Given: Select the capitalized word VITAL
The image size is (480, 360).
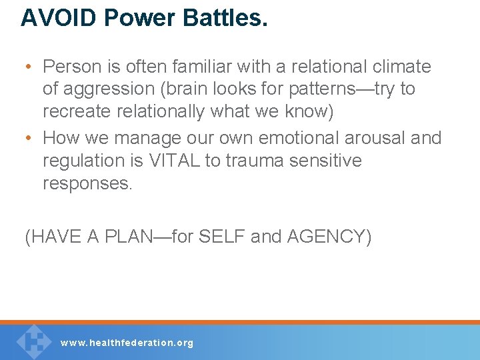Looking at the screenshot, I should [x=189, y=161].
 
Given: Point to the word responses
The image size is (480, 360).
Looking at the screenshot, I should [x=87, y=183].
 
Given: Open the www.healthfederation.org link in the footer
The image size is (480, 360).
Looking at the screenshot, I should [x=127, y=343].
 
